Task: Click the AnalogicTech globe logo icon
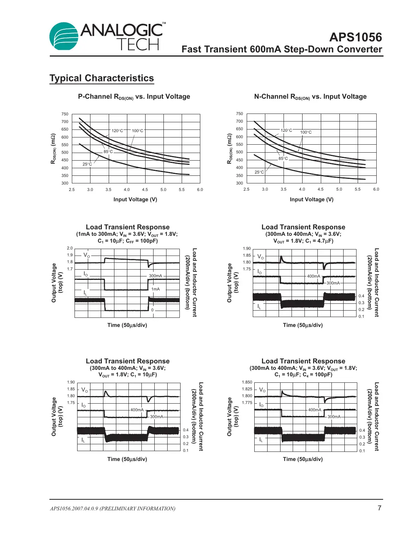pos(63,36)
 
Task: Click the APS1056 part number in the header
pos(355,37)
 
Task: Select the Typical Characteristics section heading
pos(101,78)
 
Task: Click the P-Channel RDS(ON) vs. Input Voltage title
pos(134,97)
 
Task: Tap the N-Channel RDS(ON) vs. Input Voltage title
pos(310,97)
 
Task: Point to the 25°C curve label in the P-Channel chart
pos(87,164)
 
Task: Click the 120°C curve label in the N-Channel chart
pos(286,130)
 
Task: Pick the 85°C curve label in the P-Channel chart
pos(108,152)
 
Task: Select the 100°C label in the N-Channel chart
pos(306,132)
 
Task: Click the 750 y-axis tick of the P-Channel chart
pos(65,114)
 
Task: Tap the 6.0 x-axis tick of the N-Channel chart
pos(376,189)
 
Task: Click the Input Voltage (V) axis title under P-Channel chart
pos(135,199)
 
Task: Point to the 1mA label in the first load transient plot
pos(155,289)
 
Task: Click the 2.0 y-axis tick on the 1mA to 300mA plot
pos(70,248)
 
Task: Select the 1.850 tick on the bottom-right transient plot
pos(247,382)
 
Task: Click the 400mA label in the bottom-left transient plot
pos(137,410)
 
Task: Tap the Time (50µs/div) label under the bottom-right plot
pos(303,459)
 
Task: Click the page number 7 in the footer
pos(379,508)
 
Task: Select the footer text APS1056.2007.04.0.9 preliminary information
pos(113,508)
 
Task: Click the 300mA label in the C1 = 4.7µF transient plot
pos(333,283)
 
